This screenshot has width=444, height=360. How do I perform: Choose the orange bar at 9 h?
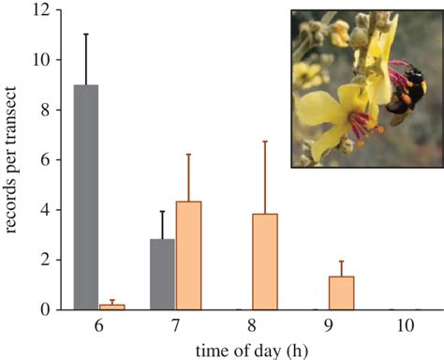(x=342, y=292)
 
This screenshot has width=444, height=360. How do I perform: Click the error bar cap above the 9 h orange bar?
(x=342, y=261)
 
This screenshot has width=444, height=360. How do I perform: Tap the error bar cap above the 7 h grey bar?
(x=162, y=211)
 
